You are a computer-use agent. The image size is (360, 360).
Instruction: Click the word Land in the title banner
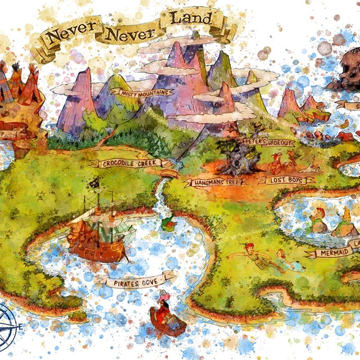(191, 19)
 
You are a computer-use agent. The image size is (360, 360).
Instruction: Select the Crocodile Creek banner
(129, 163)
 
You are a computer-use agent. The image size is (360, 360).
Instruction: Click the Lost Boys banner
(286, 180)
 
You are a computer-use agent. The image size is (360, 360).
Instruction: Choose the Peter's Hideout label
(269, 142)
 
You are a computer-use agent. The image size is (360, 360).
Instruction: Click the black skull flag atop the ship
(94, 183)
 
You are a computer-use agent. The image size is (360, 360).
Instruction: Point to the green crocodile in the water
(168, 224)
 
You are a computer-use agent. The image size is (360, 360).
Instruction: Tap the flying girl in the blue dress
(281, 259)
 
